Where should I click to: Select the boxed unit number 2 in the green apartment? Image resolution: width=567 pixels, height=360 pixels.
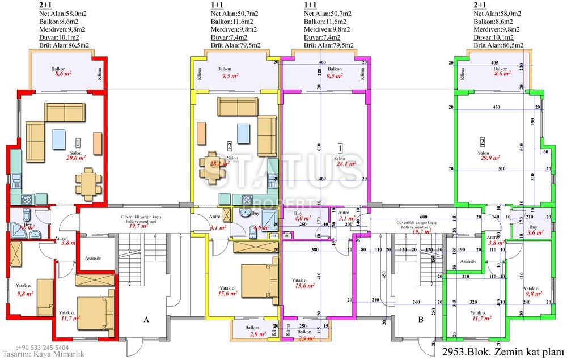(482, 142)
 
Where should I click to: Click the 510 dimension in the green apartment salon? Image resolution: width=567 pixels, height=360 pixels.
(501, 168)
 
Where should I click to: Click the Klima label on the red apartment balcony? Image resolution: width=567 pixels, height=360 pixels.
(99, 75)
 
